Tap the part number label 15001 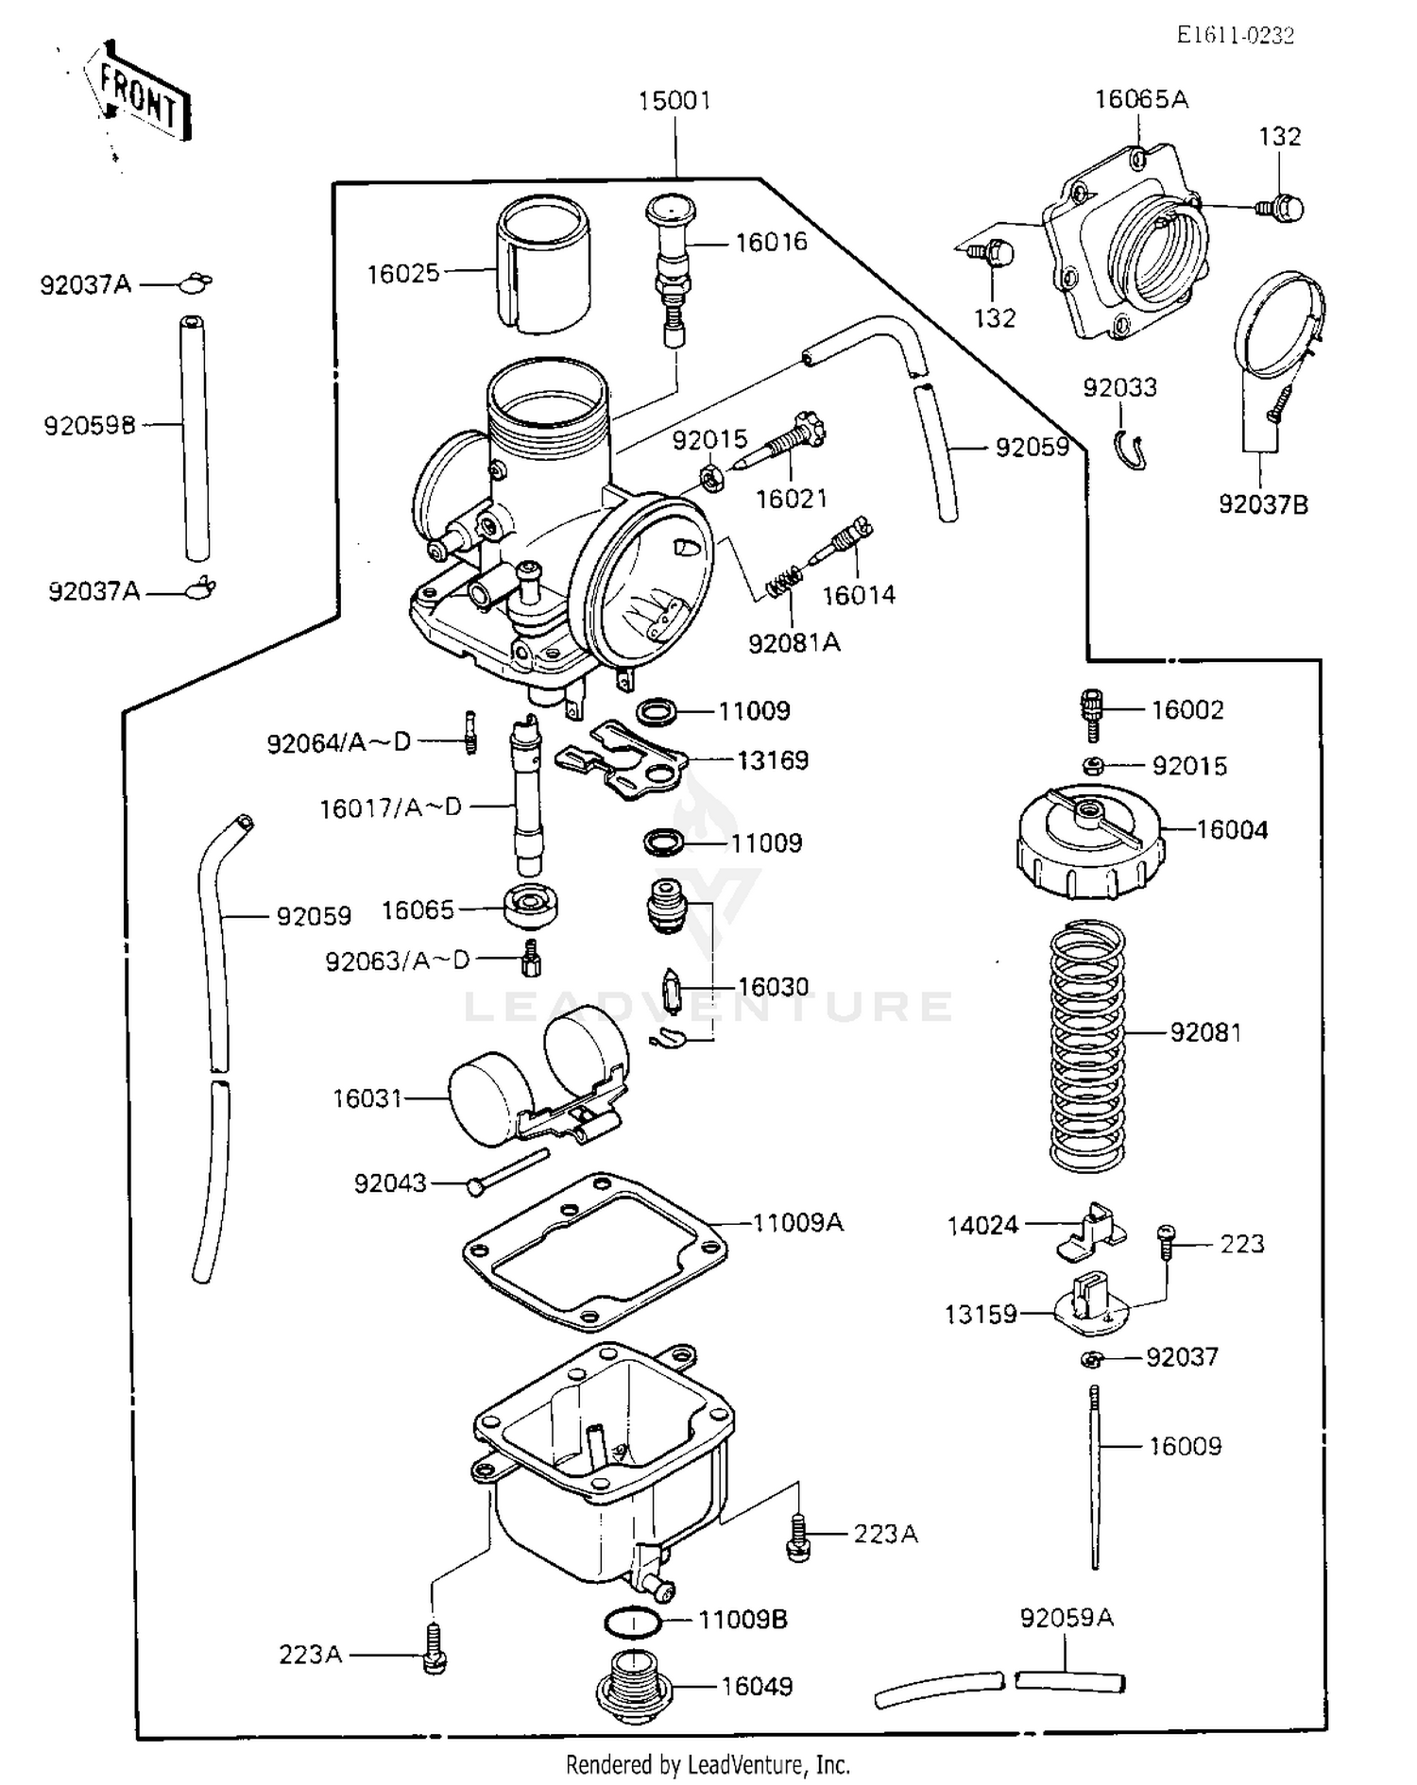[x=674, y=100]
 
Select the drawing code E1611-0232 [x=1236, y=36]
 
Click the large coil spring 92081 [x=1088, y=1045]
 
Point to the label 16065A [x=1141, y=99]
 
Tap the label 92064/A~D [x=339, y=743]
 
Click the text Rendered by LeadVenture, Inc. [x=708, y=1763]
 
